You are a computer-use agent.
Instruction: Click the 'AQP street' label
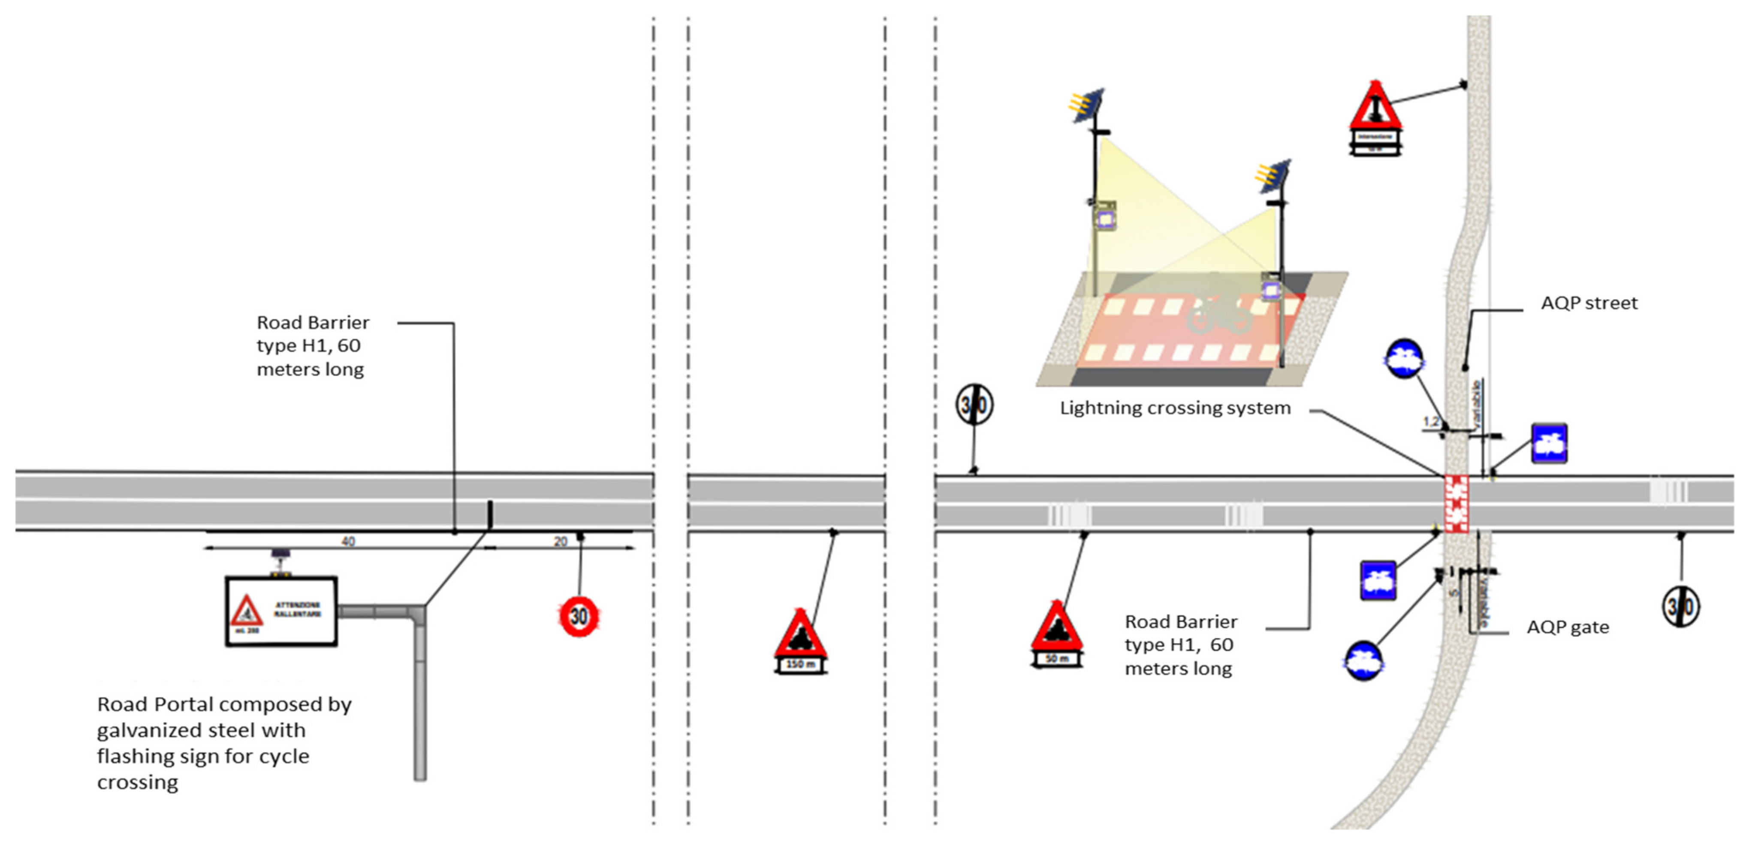tap(1588, 303)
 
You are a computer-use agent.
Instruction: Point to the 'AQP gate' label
tap(1567, 627)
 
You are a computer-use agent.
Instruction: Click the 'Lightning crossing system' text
tap(1175, 408)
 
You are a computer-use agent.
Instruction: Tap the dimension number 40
tap(348, 541)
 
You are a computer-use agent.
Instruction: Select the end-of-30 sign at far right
tap(1680, 606)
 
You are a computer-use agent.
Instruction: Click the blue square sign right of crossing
tap(1549, 443)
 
